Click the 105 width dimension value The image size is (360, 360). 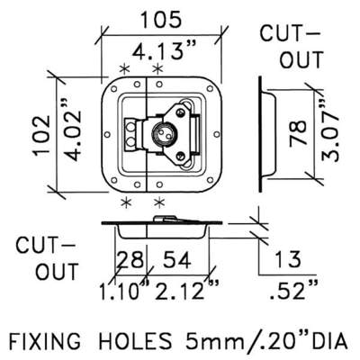(x=161, y=20)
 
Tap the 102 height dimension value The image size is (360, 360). (x=42, y=135)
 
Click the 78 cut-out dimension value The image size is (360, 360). (x=298, y=133)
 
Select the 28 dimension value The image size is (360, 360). (x=130, y=260)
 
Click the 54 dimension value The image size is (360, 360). (x=176, y=260)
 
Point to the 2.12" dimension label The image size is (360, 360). (x=186, y=290)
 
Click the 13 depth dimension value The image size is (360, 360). (x=287, y=259)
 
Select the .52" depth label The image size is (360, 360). (x=293, y=290)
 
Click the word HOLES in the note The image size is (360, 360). (x=136, y=340)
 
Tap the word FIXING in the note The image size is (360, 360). (x=45, y=340)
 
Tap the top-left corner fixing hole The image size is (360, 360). (x=113, y=89)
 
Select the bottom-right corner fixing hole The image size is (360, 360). (x=210, y=180)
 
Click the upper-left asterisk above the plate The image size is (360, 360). (x=124, y=69)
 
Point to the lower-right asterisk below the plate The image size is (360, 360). (x=159, y=202)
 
